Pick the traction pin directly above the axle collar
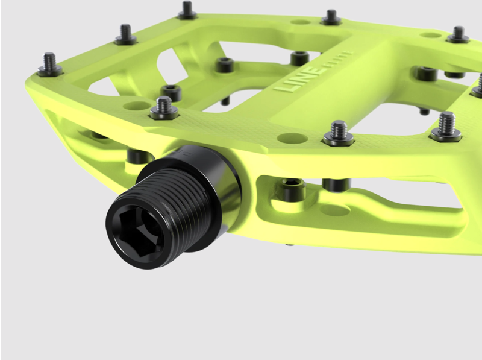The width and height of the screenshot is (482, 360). pos(163,108)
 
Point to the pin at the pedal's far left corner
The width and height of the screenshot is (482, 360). pos(49,65)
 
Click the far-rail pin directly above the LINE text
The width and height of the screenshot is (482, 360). pos(331,17)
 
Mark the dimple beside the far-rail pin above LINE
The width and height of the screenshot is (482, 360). pos(299,22)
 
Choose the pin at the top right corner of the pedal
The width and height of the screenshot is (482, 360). pos(458,34)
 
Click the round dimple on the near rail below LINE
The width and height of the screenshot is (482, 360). pos(292,138)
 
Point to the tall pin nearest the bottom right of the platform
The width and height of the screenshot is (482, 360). pos(446,126)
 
